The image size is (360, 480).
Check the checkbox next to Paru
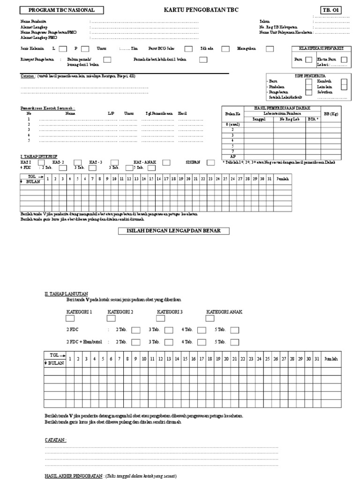point(309,60)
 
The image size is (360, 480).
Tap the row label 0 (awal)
point(233,124)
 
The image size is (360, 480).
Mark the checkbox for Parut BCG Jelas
point(188,49)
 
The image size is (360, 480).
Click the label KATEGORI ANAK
point(224,312)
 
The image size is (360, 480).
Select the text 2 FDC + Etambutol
point(84,342)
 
